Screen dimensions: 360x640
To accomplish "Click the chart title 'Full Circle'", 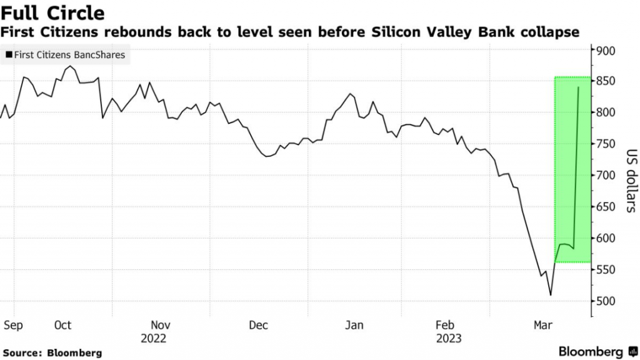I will coord(52,12).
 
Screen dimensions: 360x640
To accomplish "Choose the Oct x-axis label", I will coord(62,325).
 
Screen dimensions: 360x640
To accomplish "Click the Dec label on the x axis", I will coord(258,325).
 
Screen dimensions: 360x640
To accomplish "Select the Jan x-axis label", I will coord(354,325).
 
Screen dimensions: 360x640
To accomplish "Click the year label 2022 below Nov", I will coord(153,338).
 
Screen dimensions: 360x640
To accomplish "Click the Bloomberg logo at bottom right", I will coord(597,351).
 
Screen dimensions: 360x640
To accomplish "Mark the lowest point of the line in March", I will coord(551,295).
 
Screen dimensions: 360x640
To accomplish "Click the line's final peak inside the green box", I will coord(578,87).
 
